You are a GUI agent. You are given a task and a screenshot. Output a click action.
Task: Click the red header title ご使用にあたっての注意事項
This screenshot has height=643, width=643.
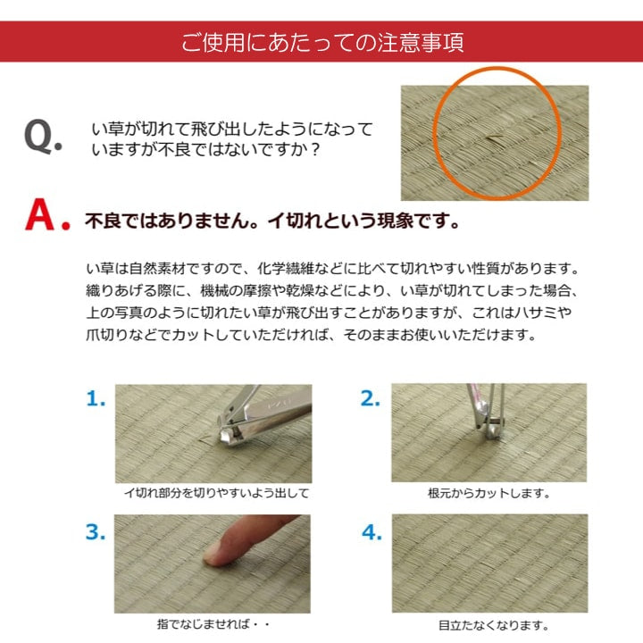(x=321, y=42)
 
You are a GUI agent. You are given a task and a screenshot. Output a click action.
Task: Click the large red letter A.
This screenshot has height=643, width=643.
(x=46, y=217)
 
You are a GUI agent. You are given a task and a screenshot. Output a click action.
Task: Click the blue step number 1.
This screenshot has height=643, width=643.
(x=96, y=399)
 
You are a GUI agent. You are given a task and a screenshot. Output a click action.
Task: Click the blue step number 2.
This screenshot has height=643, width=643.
(x=370, y=399)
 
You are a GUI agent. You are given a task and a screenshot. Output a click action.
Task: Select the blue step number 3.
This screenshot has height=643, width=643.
(x=96, y=533)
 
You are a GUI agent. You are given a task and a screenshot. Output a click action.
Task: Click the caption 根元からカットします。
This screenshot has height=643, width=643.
(x=489, y=493)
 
